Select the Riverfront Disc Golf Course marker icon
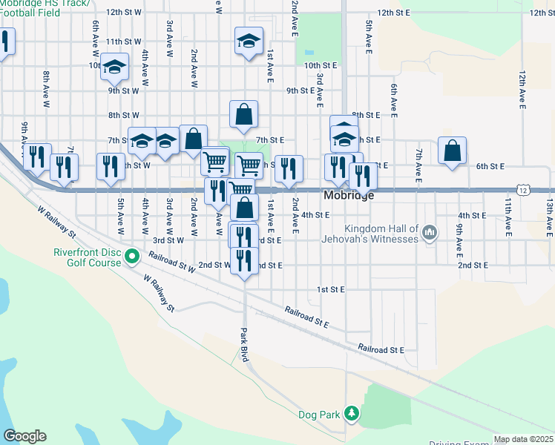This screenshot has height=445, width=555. pos(133,258)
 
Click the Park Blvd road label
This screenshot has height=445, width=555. pos(244,345)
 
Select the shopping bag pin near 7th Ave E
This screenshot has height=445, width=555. pos(452,151)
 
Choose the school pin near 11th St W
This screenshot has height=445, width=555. pos(249,40)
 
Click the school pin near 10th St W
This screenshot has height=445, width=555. pos(114,67)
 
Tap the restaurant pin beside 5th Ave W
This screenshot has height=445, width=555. pos(111,167)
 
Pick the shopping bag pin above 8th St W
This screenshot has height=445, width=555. pos(243,114)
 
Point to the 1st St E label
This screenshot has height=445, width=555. pos(332,289)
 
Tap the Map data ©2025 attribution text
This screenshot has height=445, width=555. pos(523,439)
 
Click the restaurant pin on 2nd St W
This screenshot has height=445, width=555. pos(244,261)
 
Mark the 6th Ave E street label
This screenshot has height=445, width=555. pos(393,97)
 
